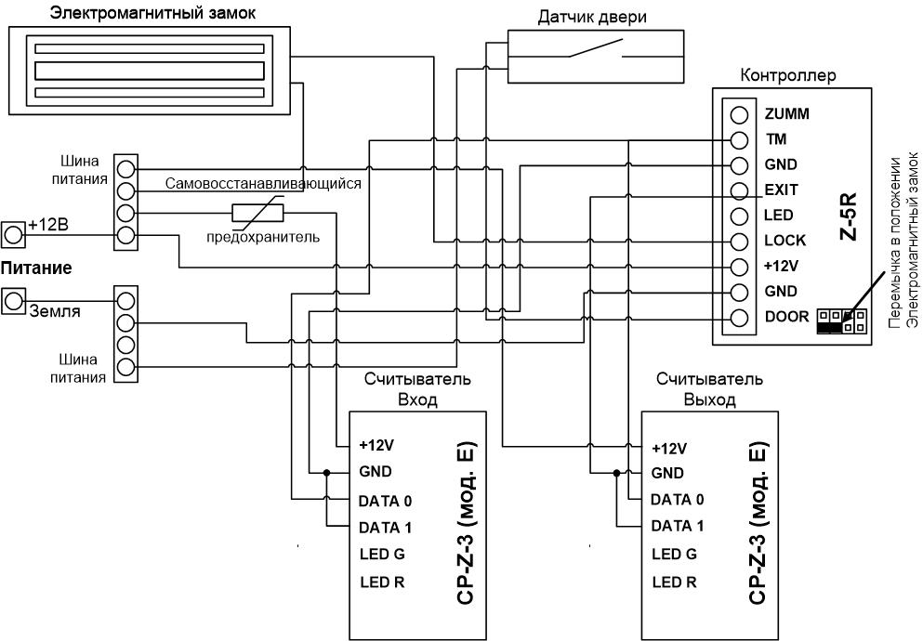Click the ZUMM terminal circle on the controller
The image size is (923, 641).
[739, 114]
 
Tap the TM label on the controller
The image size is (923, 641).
[776, 139]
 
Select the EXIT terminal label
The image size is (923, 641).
[781, 190]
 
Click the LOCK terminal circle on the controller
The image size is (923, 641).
[739, 242]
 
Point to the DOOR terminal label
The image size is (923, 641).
[787, 317]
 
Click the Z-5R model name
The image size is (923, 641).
[849, 216]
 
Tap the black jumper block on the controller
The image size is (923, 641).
[829, 326]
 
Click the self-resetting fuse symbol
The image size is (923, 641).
[257, 213]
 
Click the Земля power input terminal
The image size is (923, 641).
[13, 301]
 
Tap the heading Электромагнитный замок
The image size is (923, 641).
[153, 12]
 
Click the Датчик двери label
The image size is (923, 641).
[591, 17]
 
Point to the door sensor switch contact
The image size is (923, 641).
[596, 49]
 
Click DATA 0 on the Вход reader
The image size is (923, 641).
[385, 502]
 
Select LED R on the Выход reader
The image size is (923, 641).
[675, 582]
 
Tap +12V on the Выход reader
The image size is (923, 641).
[669, 449]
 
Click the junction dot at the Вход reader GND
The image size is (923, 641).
[325, 472]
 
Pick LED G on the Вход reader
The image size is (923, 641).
[383, 554]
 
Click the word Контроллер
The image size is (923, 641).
[787, 75]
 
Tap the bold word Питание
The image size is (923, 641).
[36, 268]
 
